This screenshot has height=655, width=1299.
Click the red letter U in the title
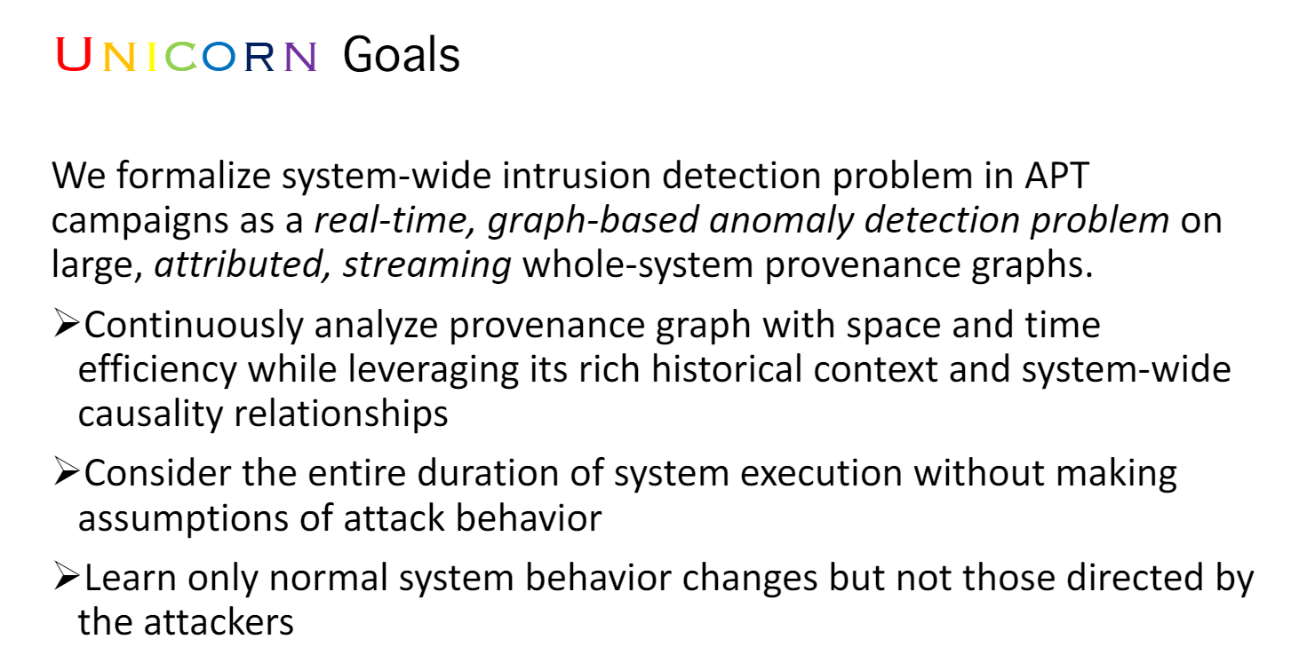tap(74, 56)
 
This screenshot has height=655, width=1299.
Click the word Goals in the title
tap(401, 56)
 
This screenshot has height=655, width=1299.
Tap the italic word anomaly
tap(766, 220)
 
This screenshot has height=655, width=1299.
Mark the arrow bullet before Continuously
tap(67, 326)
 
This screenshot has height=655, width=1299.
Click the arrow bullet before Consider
tap(67, 474)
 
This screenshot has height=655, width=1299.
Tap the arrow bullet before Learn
tap(67, 579)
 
